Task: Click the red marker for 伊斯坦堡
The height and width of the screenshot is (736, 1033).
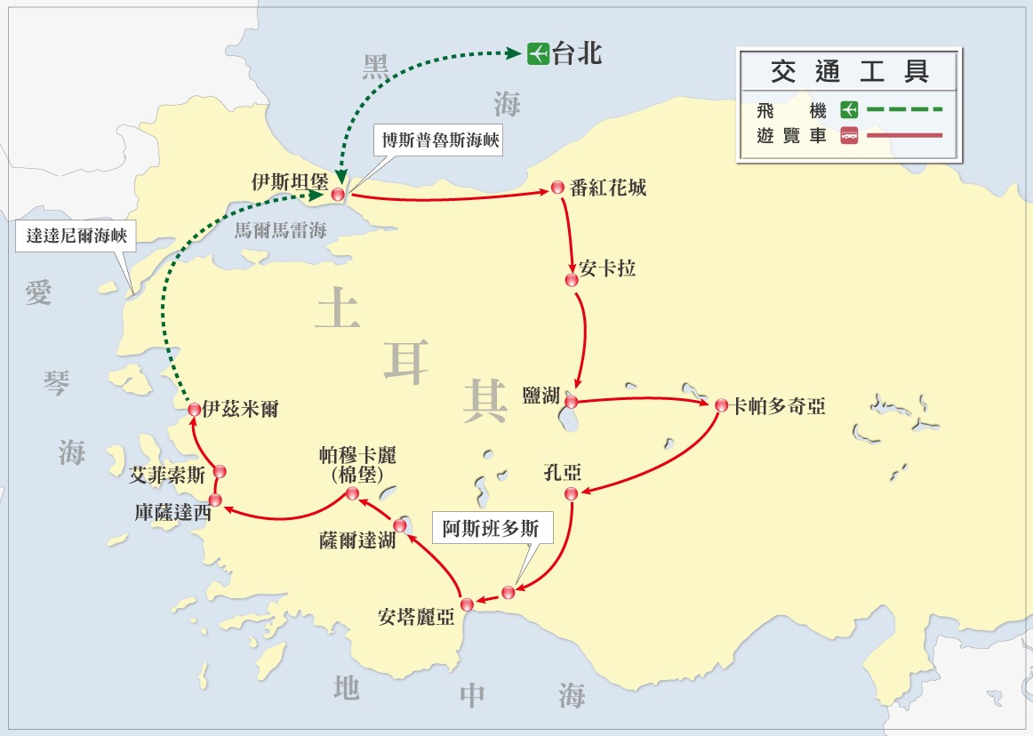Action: (338, 195)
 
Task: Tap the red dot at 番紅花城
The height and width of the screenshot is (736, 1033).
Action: (557, 188)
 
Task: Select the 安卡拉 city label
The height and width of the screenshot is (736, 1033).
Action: (607, 268)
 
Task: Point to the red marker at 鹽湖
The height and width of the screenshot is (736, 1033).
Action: (572, 402)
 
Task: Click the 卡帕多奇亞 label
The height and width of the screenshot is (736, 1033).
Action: (778, 406)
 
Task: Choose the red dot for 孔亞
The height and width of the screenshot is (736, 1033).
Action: (572, 493)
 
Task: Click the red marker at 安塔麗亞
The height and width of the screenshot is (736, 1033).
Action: (467, 604)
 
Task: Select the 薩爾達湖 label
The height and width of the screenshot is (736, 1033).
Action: (357, 540)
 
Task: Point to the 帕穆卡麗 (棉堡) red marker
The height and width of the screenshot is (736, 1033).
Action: (352, 493)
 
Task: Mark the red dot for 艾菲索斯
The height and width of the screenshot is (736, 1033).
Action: (220, 471)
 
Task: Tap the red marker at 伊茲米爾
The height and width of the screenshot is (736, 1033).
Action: (195, 409)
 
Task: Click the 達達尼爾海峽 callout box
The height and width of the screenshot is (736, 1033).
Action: (76, 236)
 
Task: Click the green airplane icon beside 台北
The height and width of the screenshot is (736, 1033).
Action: (537, 53)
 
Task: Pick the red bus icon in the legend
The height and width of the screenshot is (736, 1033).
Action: (849, 136)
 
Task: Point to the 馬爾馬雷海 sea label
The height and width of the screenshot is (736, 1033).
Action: (280, 230)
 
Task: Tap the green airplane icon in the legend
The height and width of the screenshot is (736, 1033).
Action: (849, 110)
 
